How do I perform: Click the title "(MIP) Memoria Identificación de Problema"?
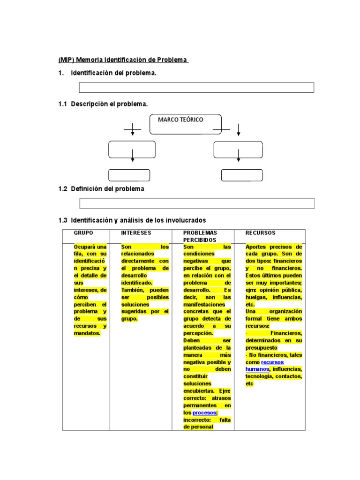(123, 60)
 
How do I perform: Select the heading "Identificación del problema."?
(113, 73)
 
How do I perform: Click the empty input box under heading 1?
(196, 88)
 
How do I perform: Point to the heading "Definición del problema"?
(107, 189)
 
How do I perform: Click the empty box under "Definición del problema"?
(197, 203)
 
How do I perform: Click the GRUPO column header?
(83, 233)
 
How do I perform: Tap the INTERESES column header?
(136, 233)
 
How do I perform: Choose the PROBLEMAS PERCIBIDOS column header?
(200, 236)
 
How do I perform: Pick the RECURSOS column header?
(261, 233)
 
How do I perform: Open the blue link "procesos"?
(204, 412)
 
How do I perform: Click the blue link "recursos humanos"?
(265, 366)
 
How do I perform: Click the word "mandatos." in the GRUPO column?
(87, 333)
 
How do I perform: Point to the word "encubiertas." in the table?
(199, 390)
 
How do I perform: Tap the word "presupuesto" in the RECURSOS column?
(261, 348)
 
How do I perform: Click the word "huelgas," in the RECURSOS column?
(256, 297)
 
